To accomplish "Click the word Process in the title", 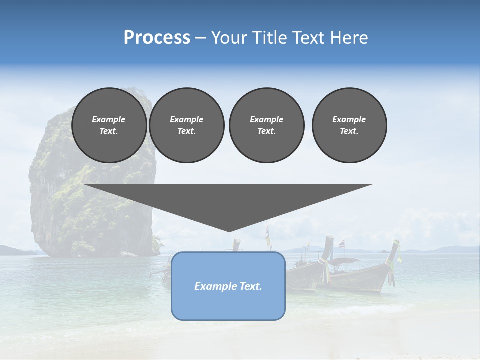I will (x=157, y=37).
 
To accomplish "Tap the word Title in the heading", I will (x=270, y=37).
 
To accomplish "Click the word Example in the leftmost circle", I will (x=109, y=119).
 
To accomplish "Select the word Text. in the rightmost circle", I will (x=349, y=131).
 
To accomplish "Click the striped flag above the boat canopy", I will (x=342, y=244).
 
